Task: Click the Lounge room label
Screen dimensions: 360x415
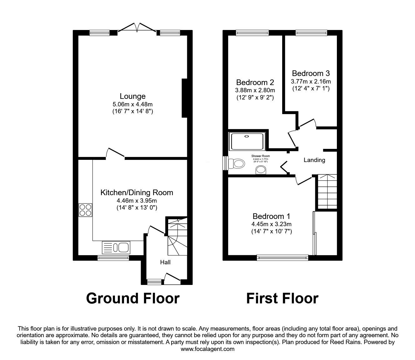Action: pyautogui.click(x=132, y=96)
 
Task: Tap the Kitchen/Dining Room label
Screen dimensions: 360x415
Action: pyautogui.click(x=137, y=193)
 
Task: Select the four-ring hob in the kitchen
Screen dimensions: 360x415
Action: pyautogui.click(x=85, y=210)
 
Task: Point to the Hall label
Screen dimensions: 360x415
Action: pyautogui.click(x=165, y=262)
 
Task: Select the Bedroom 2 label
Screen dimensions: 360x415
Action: pyautogui.click(x=255, y=83)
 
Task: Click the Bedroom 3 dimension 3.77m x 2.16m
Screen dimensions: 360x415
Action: pyautogui.click(x=311, y=82)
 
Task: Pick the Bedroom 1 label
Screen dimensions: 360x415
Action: pyautogui.click(x=272, y=216)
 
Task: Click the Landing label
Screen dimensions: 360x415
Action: pyautogui.click(x=314, y=160)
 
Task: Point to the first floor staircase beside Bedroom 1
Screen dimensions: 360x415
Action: pyautogui.click(x=327, y=191)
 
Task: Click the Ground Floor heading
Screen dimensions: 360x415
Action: pyautogui.click(x=133, y=298)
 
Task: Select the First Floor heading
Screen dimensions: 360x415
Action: pyautogui.click(x=282, y=298)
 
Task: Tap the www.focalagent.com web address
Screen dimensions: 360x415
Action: pyautogui.click(x=207, y=349)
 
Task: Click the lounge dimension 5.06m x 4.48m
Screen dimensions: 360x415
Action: pyautogui.click(x=132, y=104)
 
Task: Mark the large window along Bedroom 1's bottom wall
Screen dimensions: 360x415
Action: pyautogui.click(x=282, y=257)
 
